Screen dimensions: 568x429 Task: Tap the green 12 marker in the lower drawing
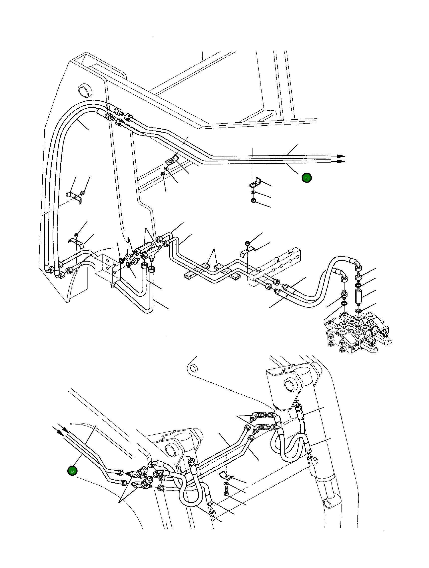tap(72, 471)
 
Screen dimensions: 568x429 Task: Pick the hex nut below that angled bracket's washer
tap(253, 201)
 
